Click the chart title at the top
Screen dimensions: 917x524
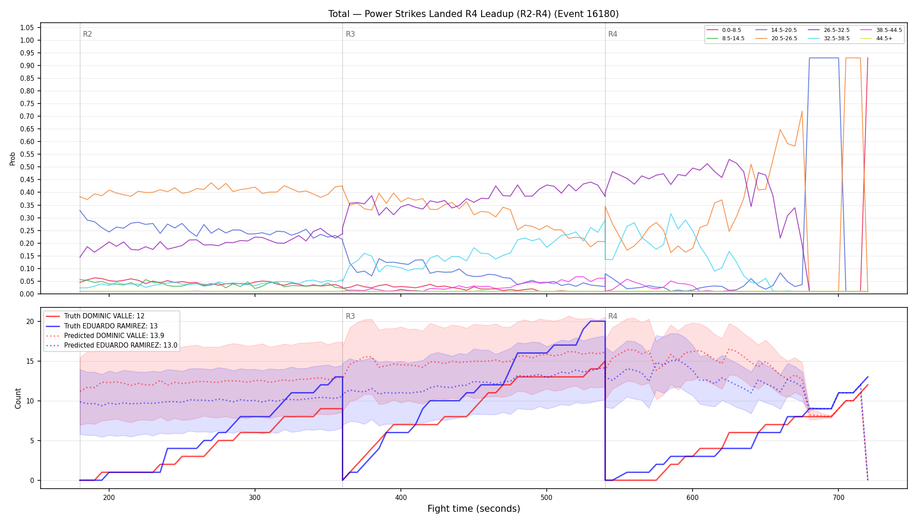click(473, 14)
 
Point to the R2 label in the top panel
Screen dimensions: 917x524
click(87, 34)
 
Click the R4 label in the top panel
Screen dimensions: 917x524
click(613, 34)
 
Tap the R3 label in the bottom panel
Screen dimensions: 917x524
click(350, 316)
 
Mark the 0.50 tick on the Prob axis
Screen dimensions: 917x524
click(27, 167)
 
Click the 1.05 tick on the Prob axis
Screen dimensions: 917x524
click(27, 28)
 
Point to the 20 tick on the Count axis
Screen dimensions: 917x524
click(30, 322)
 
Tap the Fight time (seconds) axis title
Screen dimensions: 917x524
click(474, 509)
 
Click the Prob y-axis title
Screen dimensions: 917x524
click(13, 159)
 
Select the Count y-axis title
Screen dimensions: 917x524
click(18, 398)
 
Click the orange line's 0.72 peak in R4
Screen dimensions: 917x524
click(802, 111)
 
